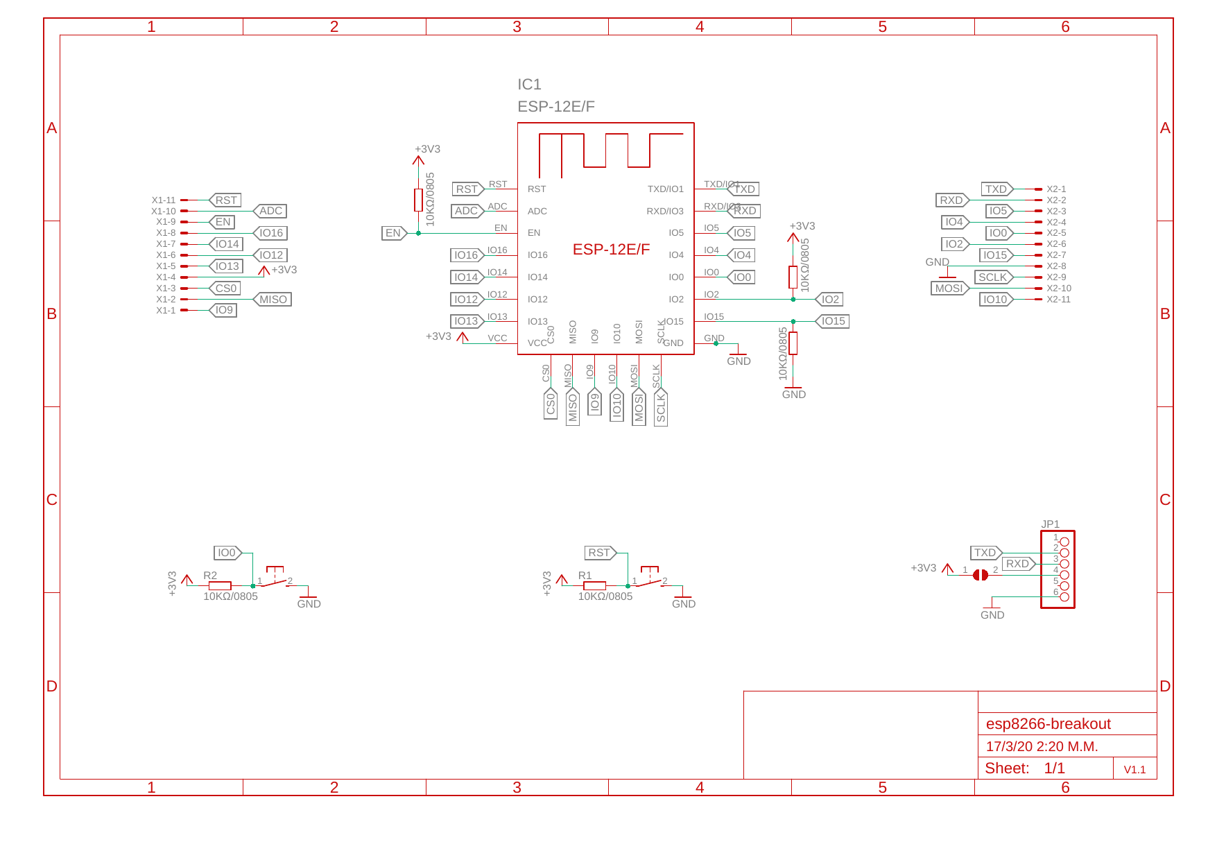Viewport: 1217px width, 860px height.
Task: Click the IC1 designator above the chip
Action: point(528,85)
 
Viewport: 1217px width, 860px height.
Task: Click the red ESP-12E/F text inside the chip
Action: point(611,250)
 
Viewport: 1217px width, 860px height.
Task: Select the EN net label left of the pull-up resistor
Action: point(393,233)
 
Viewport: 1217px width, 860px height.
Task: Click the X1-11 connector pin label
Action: point(164,200)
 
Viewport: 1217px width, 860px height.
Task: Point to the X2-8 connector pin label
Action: point(1056,266)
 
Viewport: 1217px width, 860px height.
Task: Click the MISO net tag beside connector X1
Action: point(273,300)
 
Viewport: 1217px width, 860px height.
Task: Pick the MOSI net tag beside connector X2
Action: point(949,289)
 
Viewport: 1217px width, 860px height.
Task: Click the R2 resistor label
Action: point(210,576)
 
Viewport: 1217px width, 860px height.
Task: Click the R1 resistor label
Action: point(585,576)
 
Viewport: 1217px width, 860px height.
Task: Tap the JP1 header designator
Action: point(1050,524)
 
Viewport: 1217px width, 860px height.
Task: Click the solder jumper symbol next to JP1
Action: point(980,575)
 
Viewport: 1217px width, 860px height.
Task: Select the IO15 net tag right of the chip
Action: point(833,321)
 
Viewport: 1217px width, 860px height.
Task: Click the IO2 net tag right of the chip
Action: point(830,300)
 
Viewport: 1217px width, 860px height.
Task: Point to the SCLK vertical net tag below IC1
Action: point(661,407)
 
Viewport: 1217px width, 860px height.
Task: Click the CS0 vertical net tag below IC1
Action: point(551,404)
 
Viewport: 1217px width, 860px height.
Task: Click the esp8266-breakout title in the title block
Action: point(1048,724)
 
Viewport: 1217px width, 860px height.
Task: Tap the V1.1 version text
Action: point(1134,770)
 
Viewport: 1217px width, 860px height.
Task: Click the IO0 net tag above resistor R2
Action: point(227,553)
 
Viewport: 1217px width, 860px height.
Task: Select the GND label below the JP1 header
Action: point(992,615)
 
